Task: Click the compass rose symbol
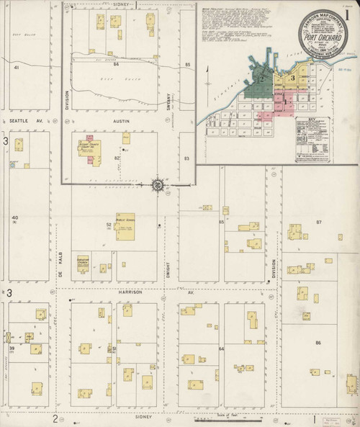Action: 158,185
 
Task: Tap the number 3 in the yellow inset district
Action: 292,78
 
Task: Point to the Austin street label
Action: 120,121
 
